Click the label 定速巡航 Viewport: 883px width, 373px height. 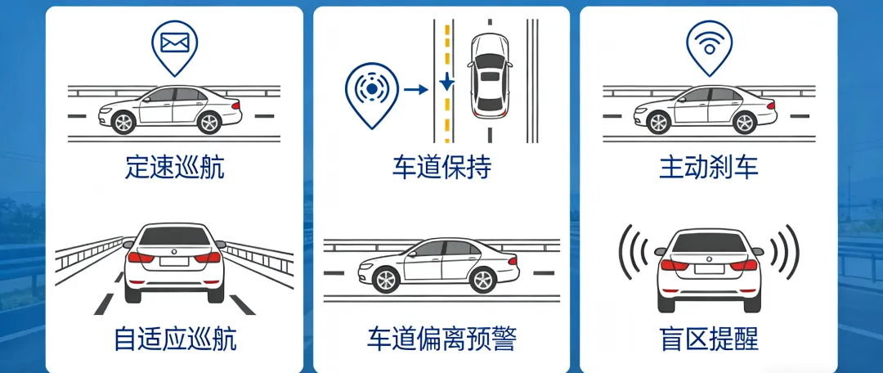175,168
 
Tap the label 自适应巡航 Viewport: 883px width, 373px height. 175,339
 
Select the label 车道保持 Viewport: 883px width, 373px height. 441,168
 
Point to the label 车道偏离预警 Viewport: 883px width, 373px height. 441,339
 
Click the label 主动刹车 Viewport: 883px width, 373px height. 708,168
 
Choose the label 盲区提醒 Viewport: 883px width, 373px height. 708,339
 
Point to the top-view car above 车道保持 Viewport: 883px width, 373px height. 489,75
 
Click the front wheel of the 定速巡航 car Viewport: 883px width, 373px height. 123,123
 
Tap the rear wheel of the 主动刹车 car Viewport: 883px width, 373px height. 743,123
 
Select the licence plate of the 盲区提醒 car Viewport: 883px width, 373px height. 708,266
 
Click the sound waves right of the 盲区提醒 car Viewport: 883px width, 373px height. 786,250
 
